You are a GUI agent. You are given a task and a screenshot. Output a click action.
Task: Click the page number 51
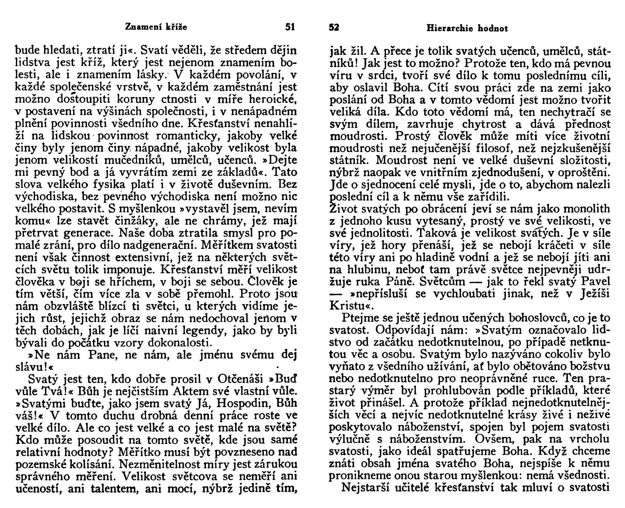click(x=290, y=27)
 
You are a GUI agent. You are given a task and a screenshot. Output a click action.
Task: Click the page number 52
click(x=334, y=28)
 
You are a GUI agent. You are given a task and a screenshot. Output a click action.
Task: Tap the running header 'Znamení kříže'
click(x=156, y=27)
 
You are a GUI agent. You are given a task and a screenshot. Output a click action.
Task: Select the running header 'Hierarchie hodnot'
click(x=467, y=28)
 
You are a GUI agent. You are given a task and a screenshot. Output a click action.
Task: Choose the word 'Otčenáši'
click(x=240, y=379)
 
